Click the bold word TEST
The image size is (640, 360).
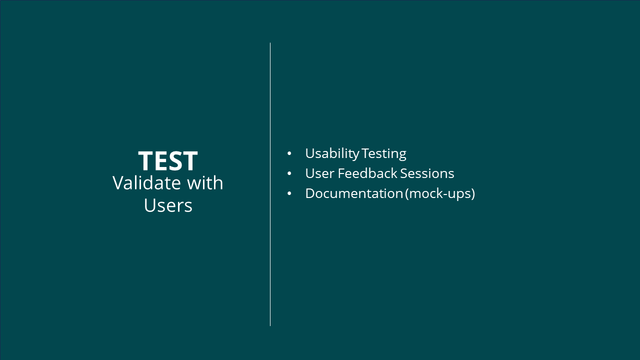[168, 160]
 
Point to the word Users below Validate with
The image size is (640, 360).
[168, 205]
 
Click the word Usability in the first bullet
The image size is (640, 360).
[332, 154]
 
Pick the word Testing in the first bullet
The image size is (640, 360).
[383, 154]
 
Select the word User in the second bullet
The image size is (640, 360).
[319, 173]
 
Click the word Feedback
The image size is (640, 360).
[367, 173]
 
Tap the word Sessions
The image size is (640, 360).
[427, 173]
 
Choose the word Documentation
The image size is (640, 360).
[354, 193]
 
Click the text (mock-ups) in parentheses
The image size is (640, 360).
[440, 194]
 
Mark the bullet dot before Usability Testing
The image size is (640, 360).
[289, 153]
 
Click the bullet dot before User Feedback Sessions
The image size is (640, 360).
[289, 173]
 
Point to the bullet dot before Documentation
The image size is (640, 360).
[289, 193]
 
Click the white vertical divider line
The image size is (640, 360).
[270, 184]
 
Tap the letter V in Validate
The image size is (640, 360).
[118, 183]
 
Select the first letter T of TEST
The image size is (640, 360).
[146, 160]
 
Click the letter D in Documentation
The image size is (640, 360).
[311, 193]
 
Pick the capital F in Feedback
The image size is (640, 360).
[341, 173]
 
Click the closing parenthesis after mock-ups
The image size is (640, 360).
[473, 194]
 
